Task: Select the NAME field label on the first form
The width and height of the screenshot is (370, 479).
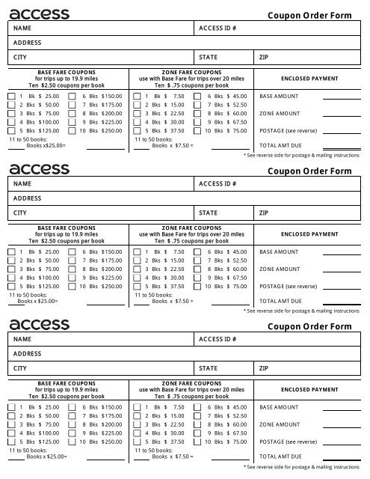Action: coord(22,28)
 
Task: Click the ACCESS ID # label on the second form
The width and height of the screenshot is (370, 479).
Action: coord(218,183)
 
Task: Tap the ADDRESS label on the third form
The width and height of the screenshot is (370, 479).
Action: coord(26,353)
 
